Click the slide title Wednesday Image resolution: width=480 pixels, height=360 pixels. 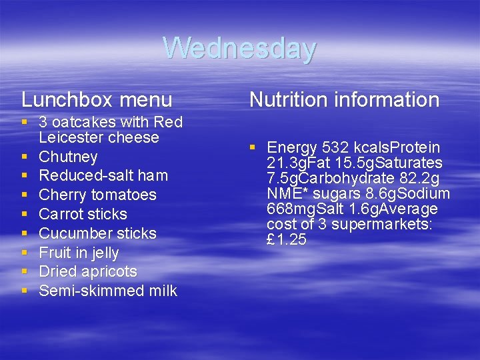(239, 49)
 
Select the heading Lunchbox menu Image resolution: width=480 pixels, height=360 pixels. (97, 100)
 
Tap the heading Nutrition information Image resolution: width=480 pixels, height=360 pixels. (344, 100)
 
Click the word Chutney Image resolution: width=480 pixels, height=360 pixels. (68, 157)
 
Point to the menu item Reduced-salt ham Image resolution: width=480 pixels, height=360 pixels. (103, 176)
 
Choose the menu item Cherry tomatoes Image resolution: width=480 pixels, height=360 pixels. (97, 195)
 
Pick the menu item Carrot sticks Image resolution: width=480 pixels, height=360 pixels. (83, 215)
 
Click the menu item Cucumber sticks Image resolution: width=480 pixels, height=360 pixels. (97, 234)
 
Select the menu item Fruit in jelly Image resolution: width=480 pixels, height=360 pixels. (79, 253)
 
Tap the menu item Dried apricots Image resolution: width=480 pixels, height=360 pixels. (88, 272)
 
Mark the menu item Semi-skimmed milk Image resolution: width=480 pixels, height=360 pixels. (108, 291)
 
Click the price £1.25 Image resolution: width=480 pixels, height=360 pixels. (286, 240)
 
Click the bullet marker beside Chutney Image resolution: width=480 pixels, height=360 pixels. (25, 157)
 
